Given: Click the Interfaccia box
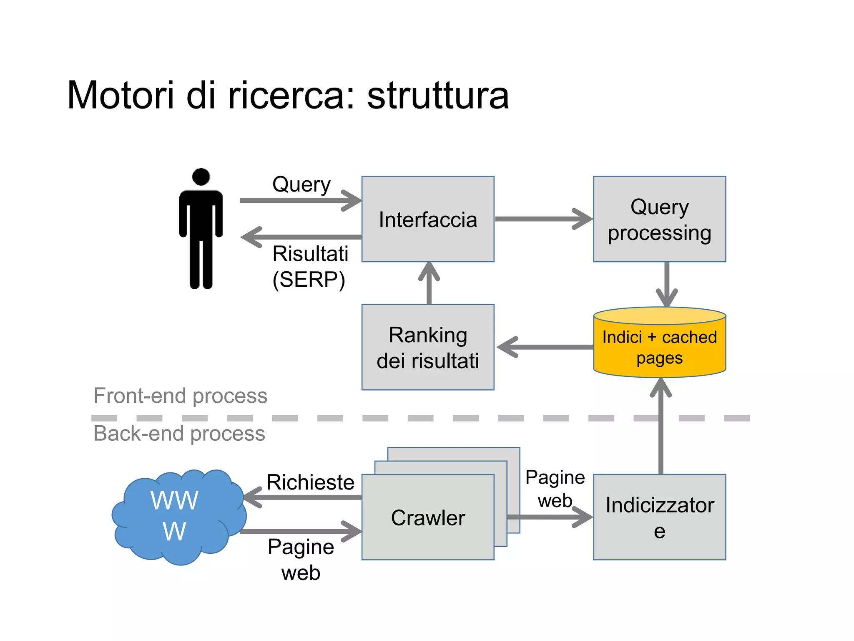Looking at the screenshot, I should pyautogui.click(x=428, y=219).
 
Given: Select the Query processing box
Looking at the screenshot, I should pyautogui.click(x=659, y=219).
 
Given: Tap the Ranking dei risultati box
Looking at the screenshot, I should pyautogui.click(x=428, y=347).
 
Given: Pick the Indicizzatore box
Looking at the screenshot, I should pyautogui.click(x=659, y=517).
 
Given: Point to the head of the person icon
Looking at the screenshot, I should pyautogui.click(x=201, y=177).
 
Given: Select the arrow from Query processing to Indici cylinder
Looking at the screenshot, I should pyautogui.click(x=667, y=284).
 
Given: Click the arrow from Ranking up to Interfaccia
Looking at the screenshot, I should pyautogui.click(x=429, y=283).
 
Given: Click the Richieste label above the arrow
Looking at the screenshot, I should pyautogui.click(x=310, y=482).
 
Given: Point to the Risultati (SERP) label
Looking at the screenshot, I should pyautogui.click(x=310, y=267).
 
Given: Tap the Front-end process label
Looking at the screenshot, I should pyautogui.click(x=180, y=396).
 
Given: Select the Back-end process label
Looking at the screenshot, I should pyautogui.click(x=179, y=433).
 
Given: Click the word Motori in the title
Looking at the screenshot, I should pyautogui.click(x=121, y=95).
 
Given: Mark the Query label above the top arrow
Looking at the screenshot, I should pyautogui.click(x=301, y=184).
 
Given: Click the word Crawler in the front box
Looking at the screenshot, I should pyautogui.click(x=428, y=518).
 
